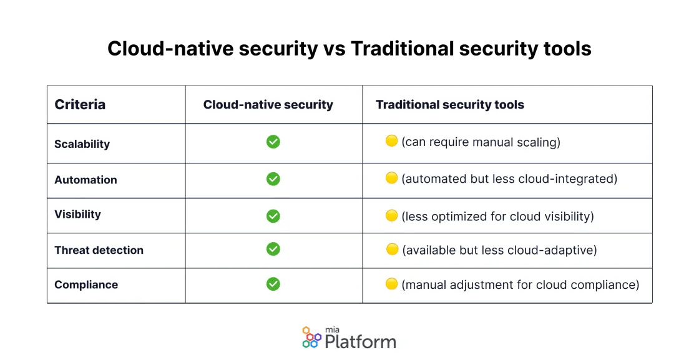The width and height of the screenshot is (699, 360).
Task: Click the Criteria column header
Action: (x=80, y=105)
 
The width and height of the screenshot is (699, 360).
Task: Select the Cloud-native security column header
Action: (x=268, y=105)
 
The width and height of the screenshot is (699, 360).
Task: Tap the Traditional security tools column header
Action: (x=449, y=105)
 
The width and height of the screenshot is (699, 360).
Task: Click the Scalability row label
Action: (x=82, y=144)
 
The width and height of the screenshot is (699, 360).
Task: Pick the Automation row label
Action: (x=86, y=180)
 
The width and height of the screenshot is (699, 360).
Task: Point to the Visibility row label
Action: (x=77, y=214)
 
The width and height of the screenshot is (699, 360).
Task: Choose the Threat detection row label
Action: (x=99, y=250)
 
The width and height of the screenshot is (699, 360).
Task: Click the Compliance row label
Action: (x=86, y=285)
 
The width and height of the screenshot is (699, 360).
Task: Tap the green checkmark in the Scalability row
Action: (x=273, y=142)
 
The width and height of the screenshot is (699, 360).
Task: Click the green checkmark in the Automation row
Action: (x=273, y=179)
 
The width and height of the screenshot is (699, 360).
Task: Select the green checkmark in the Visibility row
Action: (x=273, y=216)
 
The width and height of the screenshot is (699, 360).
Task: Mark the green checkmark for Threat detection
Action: (x=273, y=249)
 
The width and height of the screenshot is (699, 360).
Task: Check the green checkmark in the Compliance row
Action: (x=273, y=284)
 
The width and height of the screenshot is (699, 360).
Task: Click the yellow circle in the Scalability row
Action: (x=391, y=141)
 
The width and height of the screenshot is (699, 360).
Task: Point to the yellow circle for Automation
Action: (x=391, y=178)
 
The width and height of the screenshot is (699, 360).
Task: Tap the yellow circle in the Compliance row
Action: (x=391, y=284)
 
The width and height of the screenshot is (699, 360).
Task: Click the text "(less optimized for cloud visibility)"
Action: (x=497, y=216)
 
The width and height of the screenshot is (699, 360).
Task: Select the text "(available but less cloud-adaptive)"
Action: (x=499, y=250)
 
